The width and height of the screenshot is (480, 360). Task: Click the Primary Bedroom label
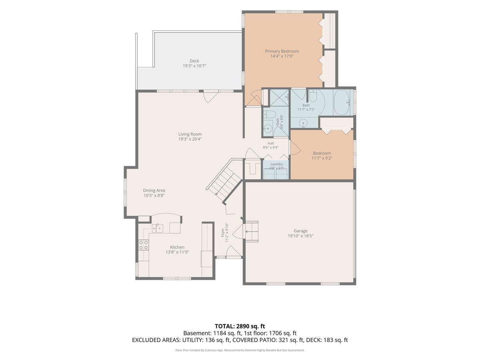[x=282, y=51]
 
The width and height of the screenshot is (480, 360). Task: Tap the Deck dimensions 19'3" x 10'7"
[x=194, y=66]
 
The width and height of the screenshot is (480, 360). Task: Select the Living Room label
[x=190, y=134]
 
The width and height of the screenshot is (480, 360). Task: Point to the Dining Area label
[x=154, y=190]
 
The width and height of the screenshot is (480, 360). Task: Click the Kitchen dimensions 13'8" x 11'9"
[x=177, y=252]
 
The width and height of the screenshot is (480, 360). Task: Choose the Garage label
[x=300, y=231]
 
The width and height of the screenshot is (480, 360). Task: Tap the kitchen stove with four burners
[x=144, y=245]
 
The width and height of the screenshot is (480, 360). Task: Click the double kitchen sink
[x=158, y=228]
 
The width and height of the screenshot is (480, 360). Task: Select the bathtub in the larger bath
[x=342, y=102]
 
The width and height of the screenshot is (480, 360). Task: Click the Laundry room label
[x=277, y=164]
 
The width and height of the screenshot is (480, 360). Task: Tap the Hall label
[x=271, y=143]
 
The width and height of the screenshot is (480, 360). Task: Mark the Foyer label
[x=223, y=232]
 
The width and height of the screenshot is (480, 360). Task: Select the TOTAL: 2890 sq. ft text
[x=240, y=326]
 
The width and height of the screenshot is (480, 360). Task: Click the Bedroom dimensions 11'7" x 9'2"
[x=322, y=158]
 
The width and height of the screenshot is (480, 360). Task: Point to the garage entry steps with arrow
[x=252, y=232]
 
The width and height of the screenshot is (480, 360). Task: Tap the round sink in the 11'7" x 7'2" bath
[x=303, y=123]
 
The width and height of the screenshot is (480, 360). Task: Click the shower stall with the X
[x=279, y=97]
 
